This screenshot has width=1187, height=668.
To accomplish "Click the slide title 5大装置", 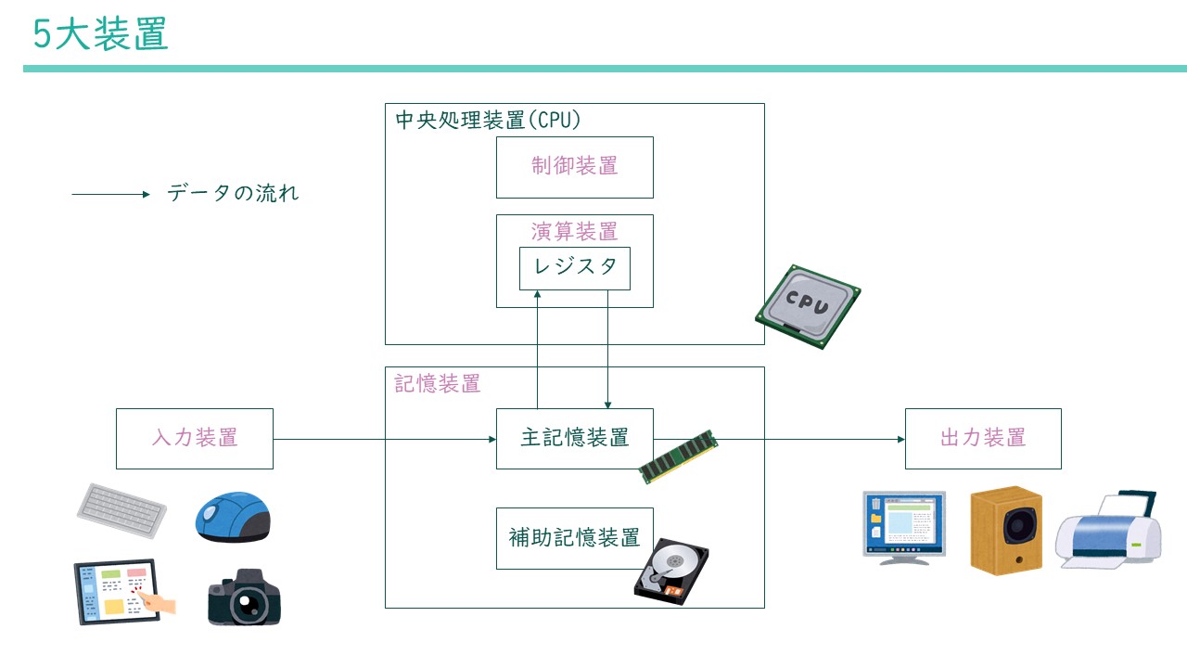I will [x=100, y=34].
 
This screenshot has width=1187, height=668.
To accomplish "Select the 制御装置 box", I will [x=574, y=167].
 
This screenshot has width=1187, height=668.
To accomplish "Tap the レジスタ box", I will [x=574, y=267].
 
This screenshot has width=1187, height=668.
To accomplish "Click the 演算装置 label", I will [x=574, y=230].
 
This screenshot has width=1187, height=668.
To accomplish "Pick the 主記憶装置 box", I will [x=574, y=438].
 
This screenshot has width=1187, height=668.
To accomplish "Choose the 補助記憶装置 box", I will [x=574, y=538].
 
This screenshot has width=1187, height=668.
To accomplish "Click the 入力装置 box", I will [x=195, y=438].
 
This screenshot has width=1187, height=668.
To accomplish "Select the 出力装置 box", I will [x=983, y=438].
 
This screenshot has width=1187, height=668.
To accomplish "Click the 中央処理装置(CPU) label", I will [x=488, y=121].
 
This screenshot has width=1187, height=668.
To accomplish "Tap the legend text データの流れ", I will [x=233, y=194].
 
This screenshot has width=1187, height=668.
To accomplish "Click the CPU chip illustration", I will [x=808, y=306].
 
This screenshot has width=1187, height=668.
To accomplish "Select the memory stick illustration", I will [x=679, y=456].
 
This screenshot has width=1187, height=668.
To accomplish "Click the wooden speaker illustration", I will [x=1006, y=530].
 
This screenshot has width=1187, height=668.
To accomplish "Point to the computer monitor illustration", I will [x=903, y=525].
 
